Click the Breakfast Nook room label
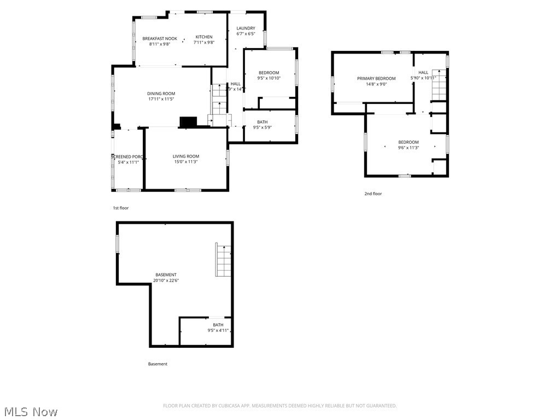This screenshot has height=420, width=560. [160, 38]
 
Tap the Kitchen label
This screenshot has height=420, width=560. [204, 37]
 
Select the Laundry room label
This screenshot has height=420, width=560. [246, 28]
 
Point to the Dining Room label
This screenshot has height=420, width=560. [161, 94]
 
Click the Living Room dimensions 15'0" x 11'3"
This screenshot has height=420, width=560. [185, 162]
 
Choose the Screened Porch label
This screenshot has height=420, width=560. [127, 156]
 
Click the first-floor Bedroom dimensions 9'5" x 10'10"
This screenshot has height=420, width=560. [269, 78]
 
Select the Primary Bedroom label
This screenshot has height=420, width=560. [376, 78]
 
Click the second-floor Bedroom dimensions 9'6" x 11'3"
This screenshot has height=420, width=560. [408, 147]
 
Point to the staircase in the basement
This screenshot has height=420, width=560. [223, 260]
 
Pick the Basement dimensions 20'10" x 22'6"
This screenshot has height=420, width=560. [166, 281]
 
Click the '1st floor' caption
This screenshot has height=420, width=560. [121, 208]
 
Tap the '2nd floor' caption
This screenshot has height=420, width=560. [373, 194]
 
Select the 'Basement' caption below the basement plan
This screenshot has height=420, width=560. [157, 364]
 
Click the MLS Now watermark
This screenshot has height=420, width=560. [31, 411]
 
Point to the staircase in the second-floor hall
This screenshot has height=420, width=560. [439, 85]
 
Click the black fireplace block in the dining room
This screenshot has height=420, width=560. [188, 122]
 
